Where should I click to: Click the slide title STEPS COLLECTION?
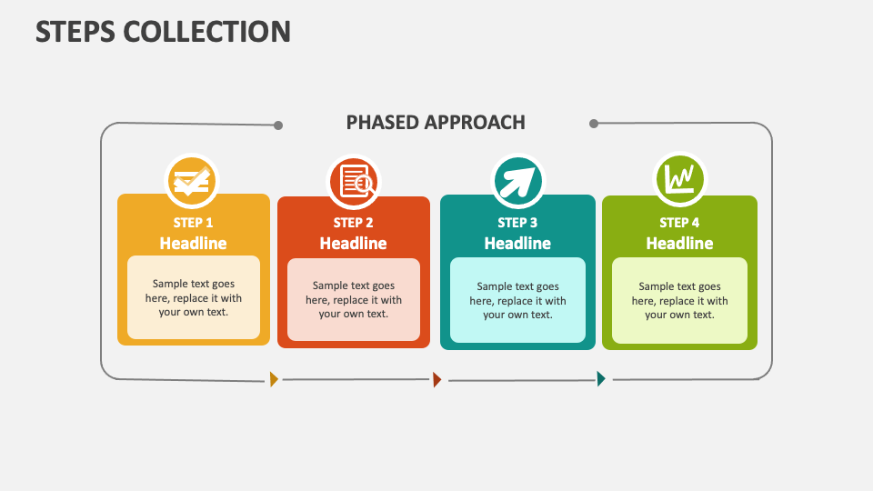[x=164, y=31]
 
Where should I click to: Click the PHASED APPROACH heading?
[x=436, y=122]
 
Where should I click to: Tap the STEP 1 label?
[x=194, y=222]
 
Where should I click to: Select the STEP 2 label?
[x=354, y=222]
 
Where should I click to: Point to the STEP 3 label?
[x=517, y=222]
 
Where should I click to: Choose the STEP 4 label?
[x=679, y=222]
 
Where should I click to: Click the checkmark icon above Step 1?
[x=192, y=181]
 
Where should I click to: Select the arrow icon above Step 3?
[x=517, y=182]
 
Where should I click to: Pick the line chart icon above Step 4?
[x=680, y=179]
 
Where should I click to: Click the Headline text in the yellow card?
[x=194, y=243]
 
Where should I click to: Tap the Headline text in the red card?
[x=354, y=244]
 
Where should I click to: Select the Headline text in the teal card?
[x=517, y=244]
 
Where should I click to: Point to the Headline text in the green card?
[x=679, y=244]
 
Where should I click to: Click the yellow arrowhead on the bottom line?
[x=274, y=379]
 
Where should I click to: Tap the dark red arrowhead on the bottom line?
[x=437, y=380]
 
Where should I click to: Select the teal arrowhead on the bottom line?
[x=601, y=379]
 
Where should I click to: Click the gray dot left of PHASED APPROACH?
[x=278, y=125]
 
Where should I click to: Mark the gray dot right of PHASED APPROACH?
[x=594, y=124]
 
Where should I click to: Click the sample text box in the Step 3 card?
[x=517, y=300]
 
